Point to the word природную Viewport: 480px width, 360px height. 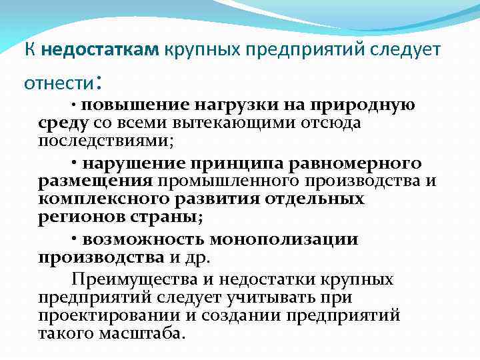click(x=366, y=105)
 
